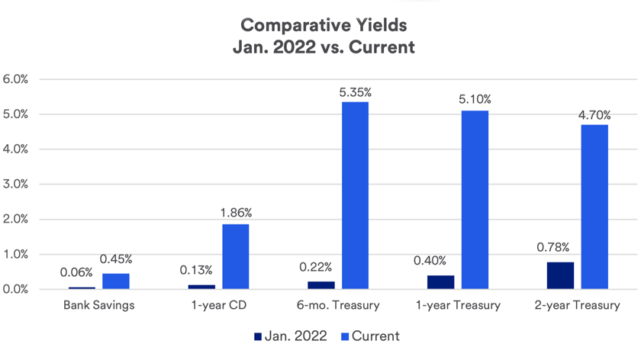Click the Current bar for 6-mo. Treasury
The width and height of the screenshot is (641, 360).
[x=355, y=195]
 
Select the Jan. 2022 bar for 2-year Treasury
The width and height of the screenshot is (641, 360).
[x=560, y=275]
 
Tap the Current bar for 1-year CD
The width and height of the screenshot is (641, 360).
[x=235, y=256]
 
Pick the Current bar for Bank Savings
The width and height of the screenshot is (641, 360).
[x=115, y=281]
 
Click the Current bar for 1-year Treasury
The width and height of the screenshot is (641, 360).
[x=475, y=200]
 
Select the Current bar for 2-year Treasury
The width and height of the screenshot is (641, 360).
[x=594, y=207]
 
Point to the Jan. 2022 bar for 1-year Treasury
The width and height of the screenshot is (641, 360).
[x=440, y=282]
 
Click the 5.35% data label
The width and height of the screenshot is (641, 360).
[x=355, y=92]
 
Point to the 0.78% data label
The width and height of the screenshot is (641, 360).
[x=560, y=248]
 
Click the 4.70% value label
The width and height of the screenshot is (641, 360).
[x=594, y=115]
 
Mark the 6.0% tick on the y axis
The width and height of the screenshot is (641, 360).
[x=16, y=79]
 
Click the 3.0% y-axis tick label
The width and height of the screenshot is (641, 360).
[x=16, y=185]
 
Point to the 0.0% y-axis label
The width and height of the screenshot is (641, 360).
[x=16, y=290]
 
